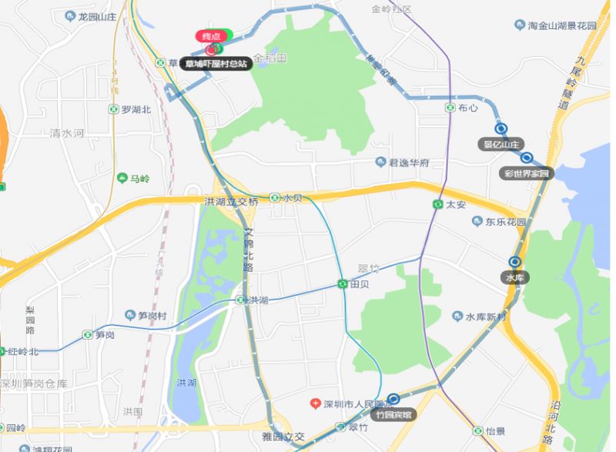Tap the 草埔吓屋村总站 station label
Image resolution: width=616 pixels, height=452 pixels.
point(216,65)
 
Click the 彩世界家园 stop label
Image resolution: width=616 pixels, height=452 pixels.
point(527,173)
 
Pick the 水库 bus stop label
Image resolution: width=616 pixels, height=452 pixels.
point(514,277)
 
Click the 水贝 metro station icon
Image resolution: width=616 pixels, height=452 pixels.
point(275,198)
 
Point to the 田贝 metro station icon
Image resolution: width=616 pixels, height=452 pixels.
point(343,284)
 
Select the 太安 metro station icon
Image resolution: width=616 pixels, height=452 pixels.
point(437,205)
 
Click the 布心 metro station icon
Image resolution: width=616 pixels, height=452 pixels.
point(450,108)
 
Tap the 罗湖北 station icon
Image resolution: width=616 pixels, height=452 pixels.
point(114,109)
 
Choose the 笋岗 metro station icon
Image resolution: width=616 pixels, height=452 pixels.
point(88,335)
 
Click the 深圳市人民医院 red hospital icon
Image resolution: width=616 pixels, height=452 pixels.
point(315,404)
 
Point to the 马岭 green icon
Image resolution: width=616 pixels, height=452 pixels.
point(122,179)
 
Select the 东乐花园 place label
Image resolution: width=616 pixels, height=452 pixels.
point(505,222)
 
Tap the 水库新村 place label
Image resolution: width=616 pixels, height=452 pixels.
point(485,317)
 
